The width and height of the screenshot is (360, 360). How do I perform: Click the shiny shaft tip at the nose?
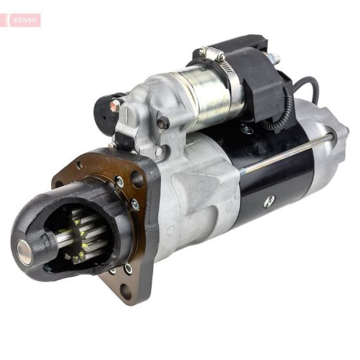(x=25, y=253)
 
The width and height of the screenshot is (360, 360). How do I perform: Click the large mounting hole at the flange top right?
(x=137, y=177)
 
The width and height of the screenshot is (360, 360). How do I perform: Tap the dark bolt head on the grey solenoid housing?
(x=164, y=122)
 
